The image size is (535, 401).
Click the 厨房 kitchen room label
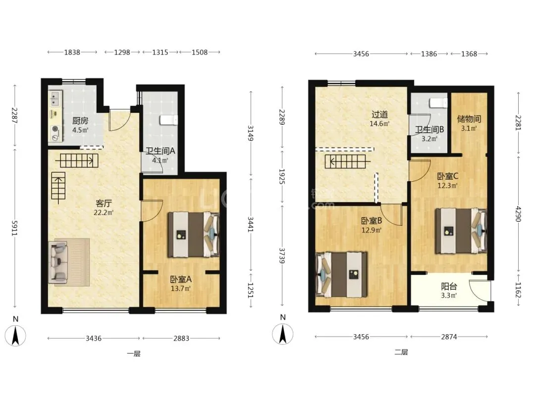pos(80,120)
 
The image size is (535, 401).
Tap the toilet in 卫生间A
pos(169,120)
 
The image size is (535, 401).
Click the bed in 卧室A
pos(193,235)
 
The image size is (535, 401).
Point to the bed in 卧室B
pos(341,274)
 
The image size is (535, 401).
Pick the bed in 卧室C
pos(461,231)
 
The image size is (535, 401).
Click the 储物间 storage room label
pos(469,119)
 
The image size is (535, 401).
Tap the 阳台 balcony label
pos(449,287)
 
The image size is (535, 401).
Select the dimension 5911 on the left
pos(15,228)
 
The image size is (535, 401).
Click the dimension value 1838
pos(72,52)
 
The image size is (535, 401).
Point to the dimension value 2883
pos(181,338)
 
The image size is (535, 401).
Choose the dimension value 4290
pos(519,213)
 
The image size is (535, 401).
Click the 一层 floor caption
pos(133,353)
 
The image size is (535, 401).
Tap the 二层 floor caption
pos(401,352)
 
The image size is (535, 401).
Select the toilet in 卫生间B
pos(438,103)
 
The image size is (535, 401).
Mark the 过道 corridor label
pos(379,114)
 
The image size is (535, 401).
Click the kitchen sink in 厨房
pos(54,99)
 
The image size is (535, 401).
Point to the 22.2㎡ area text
pos(104,213)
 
